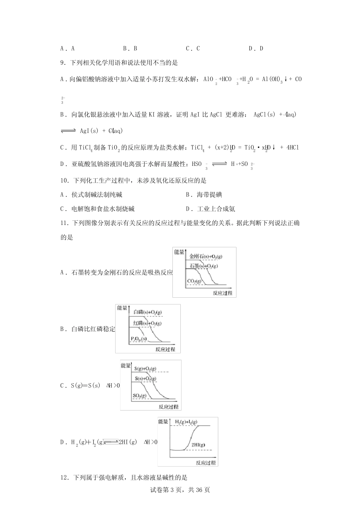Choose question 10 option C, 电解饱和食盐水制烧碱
click(97, 209)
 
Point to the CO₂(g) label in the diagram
click(195, 281)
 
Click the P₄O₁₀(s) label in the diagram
click(139, 338)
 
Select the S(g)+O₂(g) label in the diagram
click(145, 368)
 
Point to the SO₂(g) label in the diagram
click(140, 396)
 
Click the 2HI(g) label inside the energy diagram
click(198, 445)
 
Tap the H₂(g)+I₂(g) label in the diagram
click(186, 422)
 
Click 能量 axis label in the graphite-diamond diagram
click(179, 251)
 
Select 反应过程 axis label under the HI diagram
click(206, 462)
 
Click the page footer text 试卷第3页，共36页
click(180, 490)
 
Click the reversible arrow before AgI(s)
click(69, 131)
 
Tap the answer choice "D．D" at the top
click(256, 48)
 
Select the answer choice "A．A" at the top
click(67, 48)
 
